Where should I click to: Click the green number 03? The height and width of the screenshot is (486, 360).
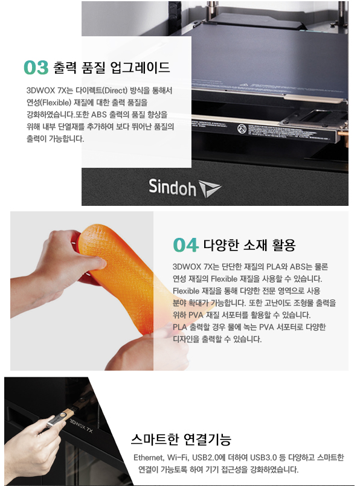(36, 68)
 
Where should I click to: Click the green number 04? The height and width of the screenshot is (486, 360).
(185, 245)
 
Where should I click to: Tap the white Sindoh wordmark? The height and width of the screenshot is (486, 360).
(172, 187)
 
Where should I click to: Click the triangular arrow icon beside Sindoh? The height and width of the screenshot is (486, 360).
(210, 188)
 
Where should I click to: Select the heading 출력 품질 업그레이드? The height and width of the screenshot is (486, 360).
(112, 67)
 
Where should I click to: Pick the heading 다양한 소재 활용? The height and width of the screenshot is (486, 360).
(249, 245)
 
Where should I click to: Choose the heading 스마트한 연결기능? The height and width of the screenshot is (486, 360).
(181, 439)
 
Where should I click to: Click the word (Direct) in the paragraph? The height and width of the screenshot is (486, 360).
(115, 91)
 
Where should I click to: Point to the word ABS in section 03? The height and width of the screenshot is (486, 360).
(99, 114)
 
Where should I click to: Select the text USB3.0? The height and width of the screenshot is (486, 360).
(263, 458)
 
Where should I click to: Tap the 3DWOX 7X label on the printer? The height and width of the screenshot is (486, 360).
(81, 426)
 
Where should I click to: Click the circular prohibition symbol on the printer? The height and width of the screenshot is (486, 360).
(242, 129)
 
